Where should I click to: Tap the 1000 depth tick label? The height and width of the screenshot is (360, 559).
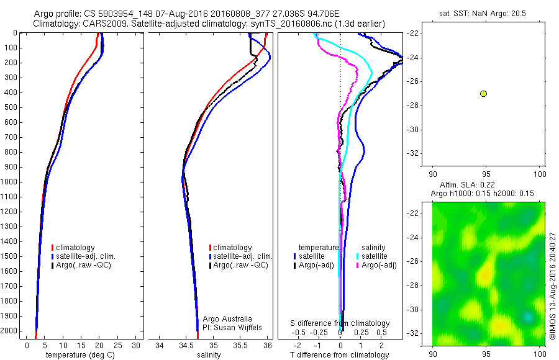point(11,182)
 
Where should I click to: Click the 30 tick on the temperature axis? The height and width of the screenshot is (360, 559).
point(137,345)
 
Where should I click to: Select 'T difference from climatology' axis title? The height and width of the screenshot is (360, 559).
point(340,355)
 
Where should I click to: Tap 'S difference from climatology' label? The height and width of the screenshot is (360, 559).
point(340,323)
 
